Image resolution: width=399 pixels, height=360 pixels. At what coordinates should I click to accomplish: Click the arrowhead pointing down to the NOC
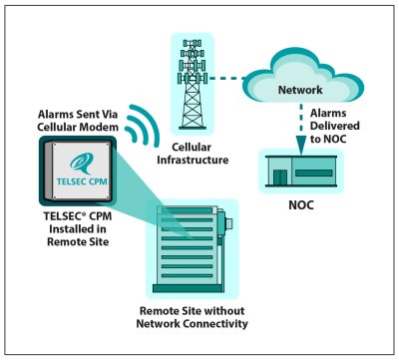point(302,143)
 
